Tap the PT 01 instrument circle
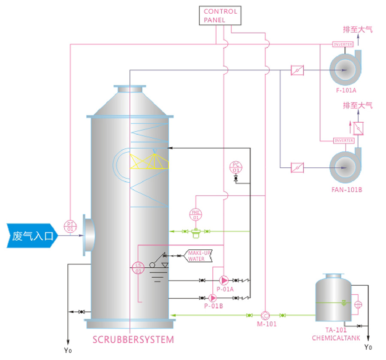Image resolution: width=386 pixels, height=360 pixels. pyautogui.click(x=69, y=226)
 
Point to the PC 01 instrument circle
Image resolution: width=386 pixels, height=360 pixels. pyautogui.click(x=236, y=167)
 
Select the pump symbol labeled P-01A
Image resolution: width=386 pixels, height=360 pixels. pyautogui.click(x=224, y=280)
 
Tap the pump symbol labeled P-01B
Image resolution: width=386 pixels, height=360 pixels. pyautogui.click(x=212, y=297)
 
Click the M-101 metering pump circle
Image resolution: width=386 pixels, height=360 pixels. pyautogui.click(x=265, y=315)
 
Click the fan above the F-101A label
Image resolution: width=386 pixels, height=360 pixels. pyautogui.click(x=344, y=69)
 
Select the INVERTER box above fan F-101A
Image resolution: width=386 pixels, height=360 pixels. pyautogui.click(x=343, y=44)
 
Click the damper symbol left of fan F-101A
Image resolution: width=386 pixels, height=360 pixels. pyautogui.click(x=297, y=70)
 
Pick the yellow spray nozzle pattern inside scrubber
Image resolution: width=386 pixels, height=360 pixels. pyautogui.click(x=148, y=162)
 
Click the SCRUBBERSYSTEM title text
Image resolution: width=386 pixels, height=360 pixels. pyautogui.click(x=133, y=340)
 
